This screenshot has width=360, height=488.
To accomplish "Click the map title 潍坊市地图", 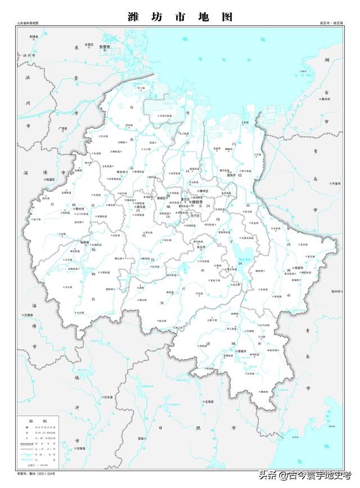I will pyautogui.click(x=180, y=17).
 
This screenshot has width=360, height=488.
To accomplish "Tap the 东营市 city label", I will pyautogui.click(x=106, y=47).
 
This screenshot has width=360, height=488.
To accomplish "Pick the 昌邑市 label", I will pyautogui.click(x=230, y=175).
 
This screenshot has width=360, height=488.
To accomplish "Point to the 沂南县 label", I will pyautogui.click(x=80, y=448).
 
